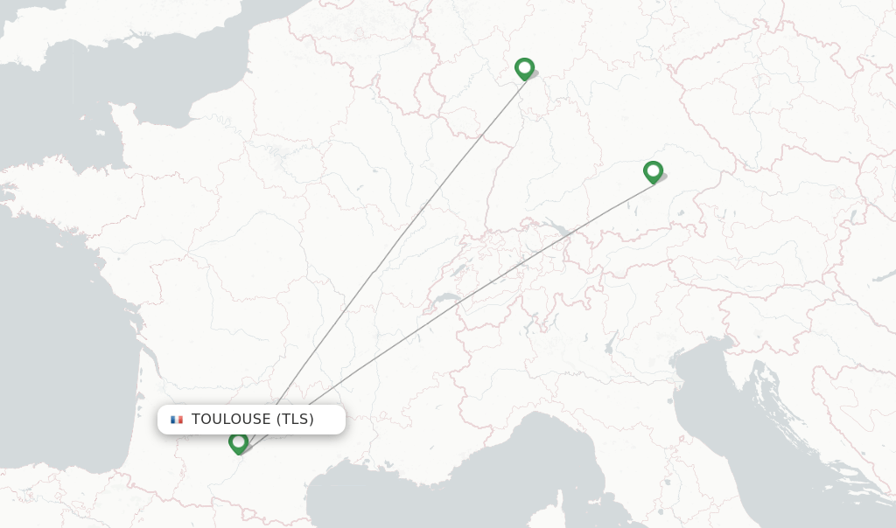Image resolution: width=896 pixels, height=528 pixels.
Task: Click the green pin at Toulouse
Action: tap(238, 442)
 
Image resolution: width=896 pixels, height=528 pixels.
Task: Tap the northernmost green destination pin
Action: tap(524, 68)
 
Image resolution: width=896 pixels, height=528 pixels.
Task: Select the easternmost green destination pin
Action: tap(653, 171)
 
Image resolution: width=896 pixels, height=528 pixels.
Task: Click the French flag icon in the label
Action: tap(177, 420)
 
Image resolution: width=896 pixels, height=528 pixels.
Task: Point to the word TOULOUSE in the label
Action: tap(231, 420)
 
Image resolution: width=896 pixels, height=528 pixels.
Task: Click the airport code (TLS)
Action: tap(295, 420)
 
